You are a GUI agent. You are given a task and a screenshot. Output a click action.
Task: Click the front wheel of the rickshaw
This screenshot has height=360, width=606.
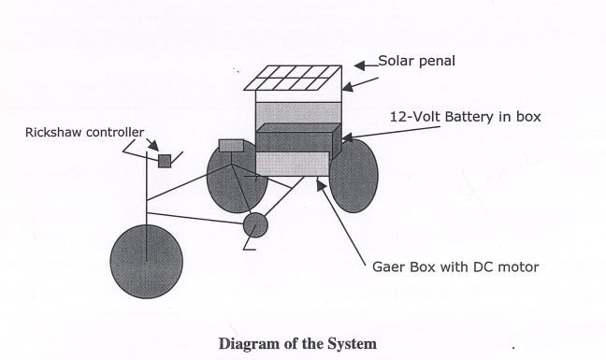[x=147, y=262]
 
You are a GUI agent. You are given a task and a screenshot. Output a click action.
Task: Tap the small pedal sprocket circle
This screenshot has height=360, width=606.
[x=255, y=225]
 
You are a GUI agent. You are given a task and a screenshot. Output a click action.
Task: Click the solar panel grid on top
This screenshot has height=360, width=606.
[x=293, y=78]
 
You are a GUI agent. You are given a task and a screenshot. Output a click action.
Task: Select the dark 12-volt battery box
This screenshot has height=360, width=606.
[x=298, y=138]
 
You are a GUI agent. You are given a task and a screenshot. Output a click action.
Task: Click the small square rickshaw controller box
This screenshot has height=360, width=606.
[x=165, y=161]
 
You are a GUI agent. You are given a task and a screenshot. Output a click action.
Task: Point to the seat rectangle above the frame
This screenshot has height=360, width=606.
[x=232, y=146]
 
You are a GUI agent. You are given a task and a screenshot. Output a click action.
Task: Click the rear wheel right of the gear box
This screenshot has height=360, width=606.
[x=353, y=176]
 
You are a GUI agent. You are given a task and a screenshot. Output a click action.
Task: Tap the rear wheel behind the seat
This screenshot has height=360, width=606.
[x=237, y=177]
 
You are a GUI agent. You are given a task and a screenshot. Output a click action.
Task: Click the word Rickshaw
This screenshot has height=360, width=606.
[x=53, y=133]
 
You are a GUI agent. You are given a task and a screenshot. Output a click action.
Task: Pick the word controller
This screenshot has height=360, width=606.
[x=115, y=133]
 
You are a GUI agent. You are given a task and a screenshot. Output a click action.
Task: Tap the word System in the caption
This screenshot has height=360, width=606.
[x=353, y=344]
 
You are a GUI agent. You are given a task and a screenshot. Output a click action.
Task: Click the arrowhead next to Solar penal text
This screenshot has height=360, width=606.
[x=360, y=65]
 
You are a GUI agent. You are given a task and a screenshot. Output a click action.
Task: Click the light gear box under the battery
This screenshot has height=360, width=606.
[x=293, y=164]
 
